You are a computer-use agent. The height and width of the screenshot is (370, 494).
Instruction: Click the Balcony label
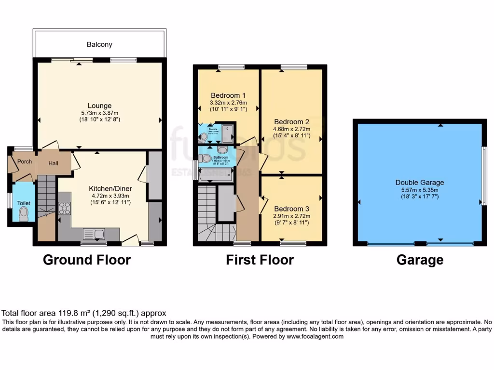pyautogui.click(x=99, y=44)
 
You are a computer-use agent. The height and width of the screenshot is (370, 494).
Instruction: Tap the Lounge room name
pyautogui.click(x=99, y=106)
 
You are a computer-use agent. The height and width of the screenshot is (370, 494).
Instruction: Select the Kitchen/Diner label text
pyautogui.click(x=110, y=188)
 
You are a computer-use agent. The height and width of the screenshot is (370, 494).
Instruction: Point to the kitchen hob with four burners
pyautogui.click(x=64, y=208)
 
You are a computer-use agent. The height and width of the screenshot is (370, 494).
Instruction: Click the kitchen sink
pyautogui.click(x=95, y=234)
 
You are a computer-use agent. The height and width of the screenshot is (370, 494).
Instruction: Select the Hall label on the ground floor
pyautogui.click(x=53, y=163)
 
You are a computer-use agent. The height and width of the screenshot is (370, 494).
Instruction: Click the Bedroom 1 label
pyautogui.click(x=228, y=94)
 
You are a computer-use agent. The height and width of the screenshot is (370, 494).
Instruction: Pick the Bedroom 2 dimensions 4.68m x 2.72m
pyautogui.click(x=292, y=129)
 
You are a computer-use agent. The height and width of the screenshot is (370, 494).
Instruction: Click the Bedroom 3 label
pyautogui.click(x=291, y=209)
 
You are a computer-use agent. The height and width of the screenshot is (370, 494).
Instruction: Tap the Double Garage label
pyautogui.click(x=420, y=183)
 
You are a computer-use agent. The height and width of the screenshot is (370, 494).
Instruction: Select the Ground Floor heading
pyautogui.click(x=87, y=260)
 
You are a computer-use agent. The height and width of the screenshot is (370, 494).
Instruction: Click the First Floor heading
pyautogui.click(x=260, y=260)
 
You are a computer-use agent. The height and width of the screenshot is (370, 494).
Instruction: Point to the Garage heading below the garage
pyautogui.click(x=420, y=260)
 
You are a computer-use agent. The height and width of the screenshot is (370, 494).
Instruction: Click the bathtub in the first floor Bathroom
pyautogui.click(x=215, y=176)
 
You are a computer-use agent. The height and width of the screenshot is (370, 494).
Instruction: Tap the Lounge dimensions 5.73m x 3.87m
pyautogui.click(x=99, y=113)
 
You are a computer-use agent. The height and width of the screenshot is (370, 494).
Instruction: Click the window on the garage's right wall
pyautogui.click(x=484, y=176)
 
